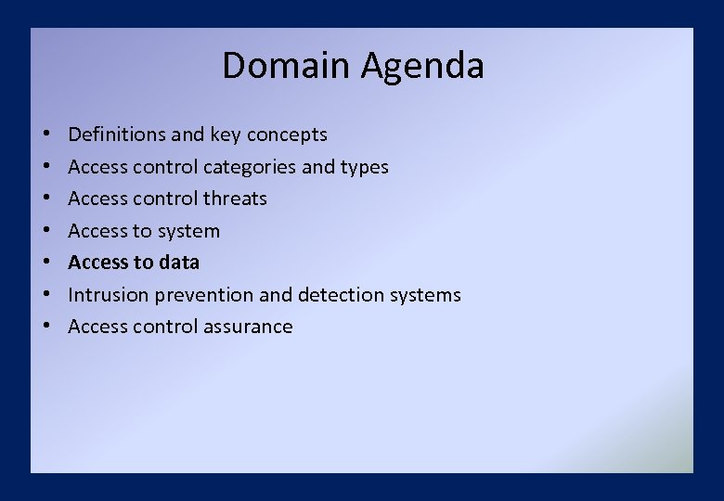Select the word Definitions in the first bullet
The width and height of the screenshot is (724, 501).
pyautogui.click(x=117, y=135)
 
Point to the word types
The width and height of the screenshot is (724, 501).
pyautogui.click(x=365, y=168)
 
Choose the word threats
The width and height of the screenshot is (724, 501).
pyautogui.click(x=236, y=199)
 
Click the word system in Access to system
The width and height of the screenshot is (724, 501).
pyautogui.click(x=189, y=231)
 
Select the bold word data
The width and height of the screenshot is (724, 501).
pyautogui.click(x=178, y=263)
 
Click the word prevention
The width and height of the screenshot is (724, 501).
pyautogui.click(x=200, y=295)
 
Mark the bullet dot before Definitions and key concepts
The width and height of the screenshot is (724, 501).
pyautogui.click(x=45, y=135)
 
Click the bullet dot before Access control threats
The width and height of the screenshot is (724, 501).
pyautogui.click(x=45, y=199)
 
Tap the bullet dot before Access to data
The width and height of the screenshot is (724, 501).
pyautogui.click(x=45, y=263)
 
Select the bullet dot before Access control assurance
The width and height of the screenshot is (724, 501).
pyautogui.click(x=45, y=328)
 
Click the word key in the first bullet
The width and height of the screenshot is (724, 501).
pyautogui.click(x=225, y=135)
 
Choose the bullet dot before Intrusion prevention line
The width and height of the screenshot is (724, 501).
pyautogui.click(x=45, y=296)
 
